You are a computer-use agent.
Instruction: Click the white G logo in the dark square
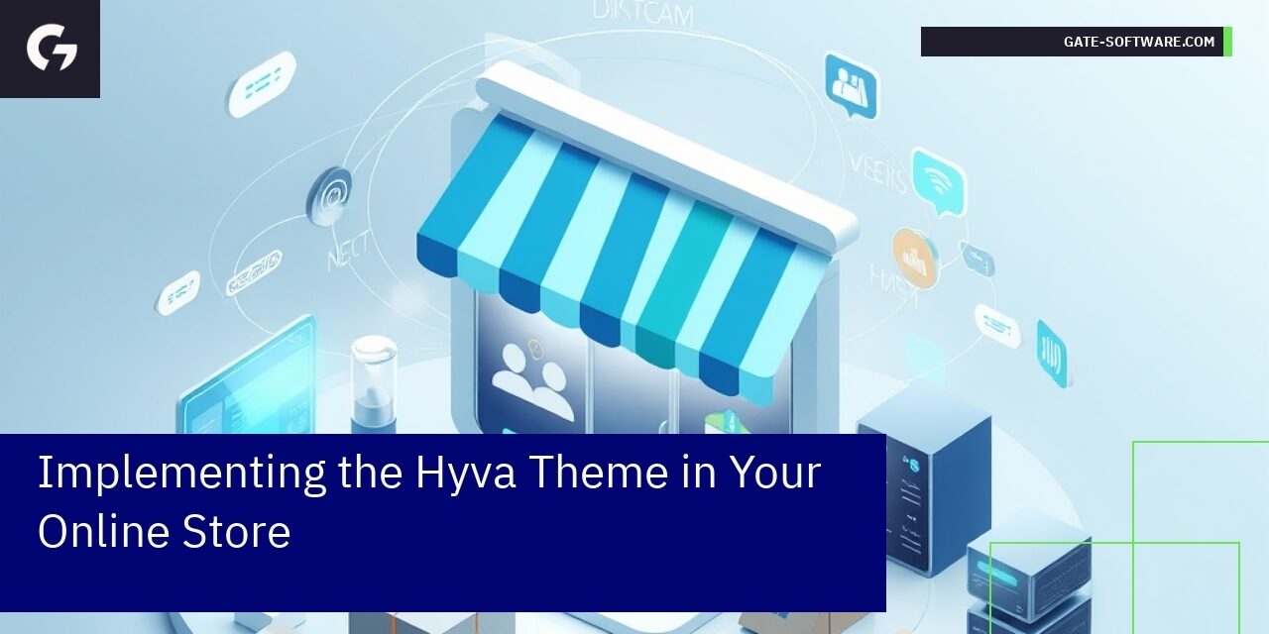51,48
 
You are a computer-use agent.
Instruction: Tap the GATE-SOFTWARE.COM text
1138,42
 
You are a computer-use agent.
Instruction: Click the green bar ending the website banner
1227,42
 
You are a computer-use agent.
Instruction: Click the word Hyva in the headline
464,474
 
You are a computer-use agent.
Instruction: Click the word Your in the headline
774,472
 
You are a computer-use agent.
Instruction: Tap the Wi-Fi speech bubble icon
937,181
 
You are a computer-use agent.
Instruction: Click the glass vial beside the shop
373,381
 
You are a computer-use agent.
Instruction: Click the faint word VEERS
876,173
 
